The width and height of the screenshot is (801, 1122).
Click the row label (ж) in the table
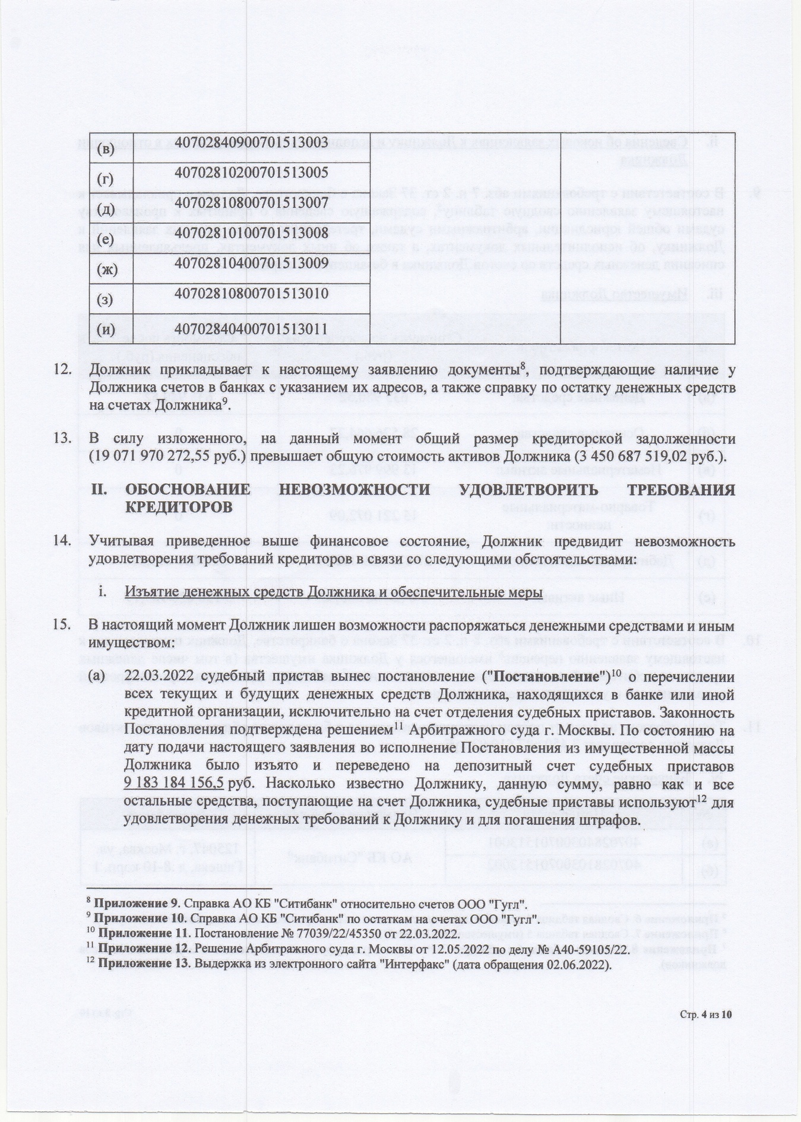pos(107,269)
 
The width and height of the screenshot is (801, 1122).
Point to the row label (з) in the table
pos(105,300)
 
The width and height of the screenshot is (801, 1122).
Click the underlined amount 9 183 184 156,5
pos(174,782)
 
